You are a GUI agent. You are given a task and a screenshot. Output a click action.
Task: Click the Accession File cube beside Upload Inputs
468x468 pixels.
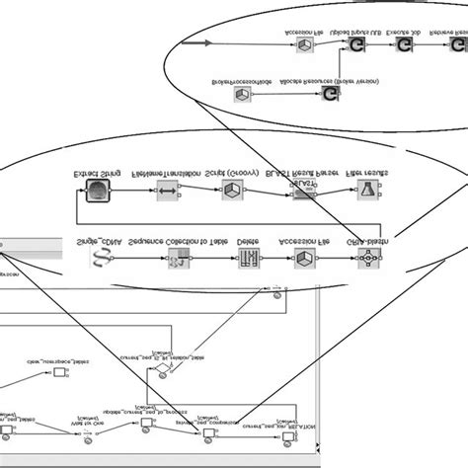tap(307, 45)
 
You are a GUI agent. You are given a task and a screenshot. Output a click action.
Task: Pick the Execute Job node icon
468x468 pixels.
tap(404, 46)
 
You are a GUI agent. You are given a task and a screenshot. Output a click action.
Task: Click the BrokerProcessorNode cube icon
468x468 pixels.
tap(242, 95)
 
